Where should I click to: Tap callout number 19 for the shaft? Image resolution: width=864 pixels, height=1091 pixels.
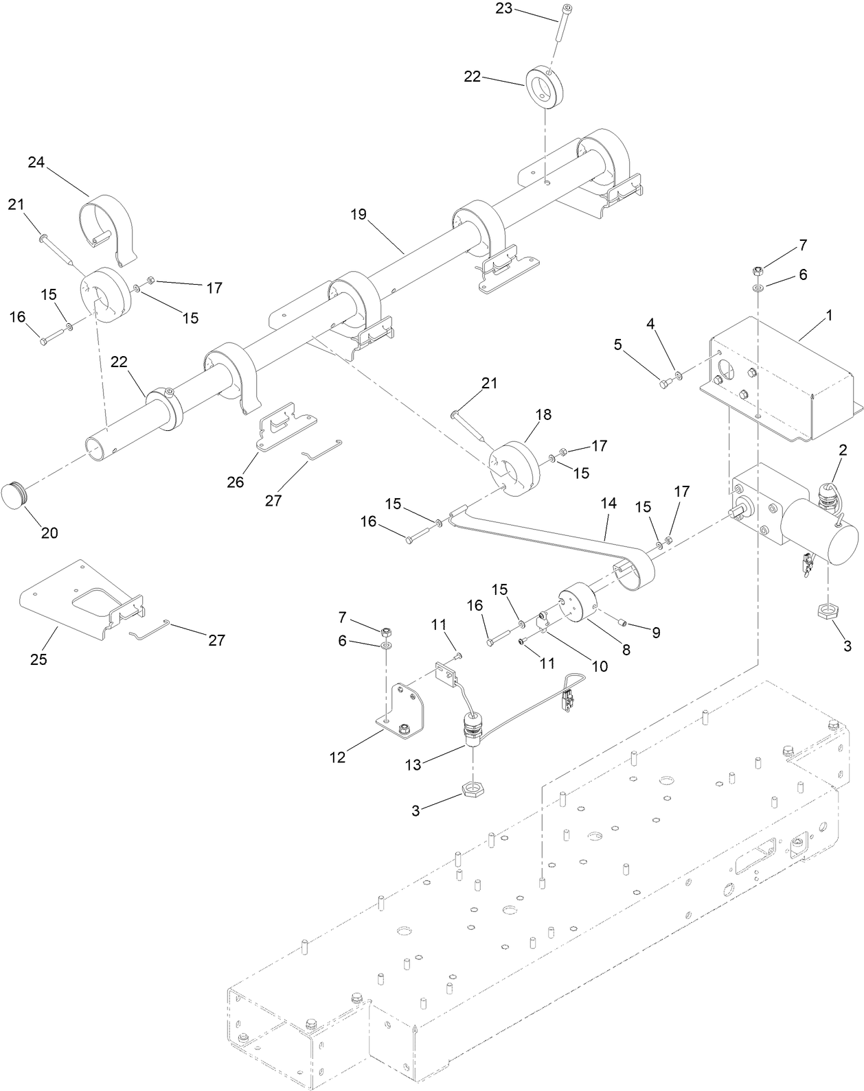(x=358, y=214)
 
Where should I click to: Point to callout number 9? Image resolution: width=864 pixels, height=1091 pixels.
(x=656, y=633)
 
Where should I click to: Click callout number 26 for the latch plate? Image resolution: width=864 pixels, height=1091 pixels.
(x=236, y=482)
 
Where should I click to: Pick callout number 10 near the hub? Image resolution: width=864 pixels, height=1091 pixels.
(x=600, y=666)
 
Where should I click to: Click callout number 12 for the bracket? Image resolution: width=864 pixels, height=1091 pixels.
(x=338, y=758)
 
